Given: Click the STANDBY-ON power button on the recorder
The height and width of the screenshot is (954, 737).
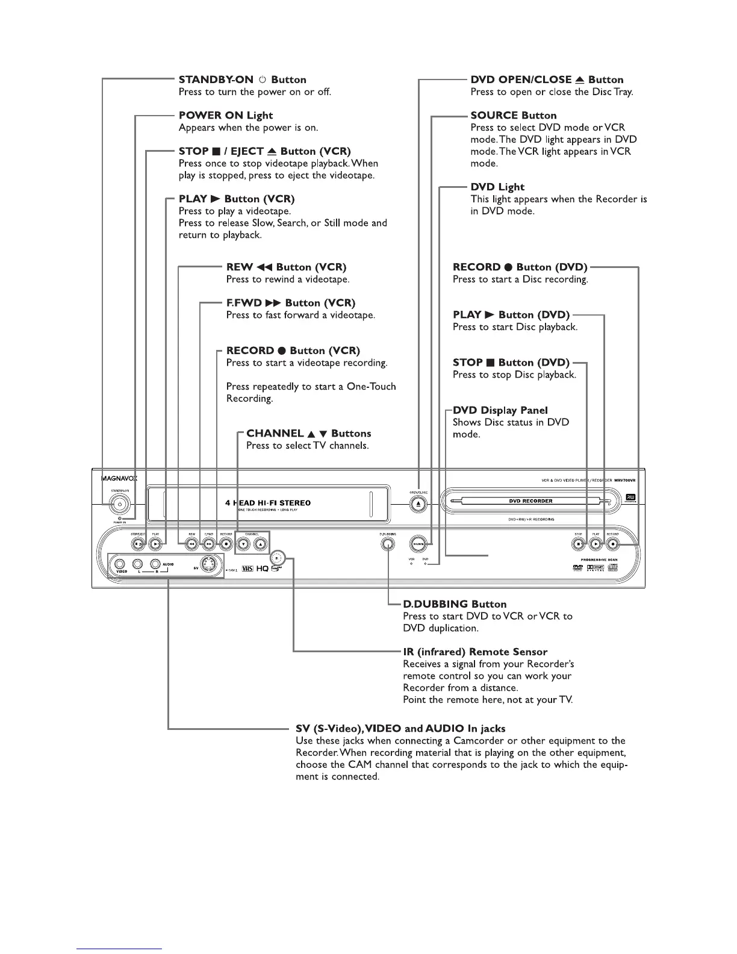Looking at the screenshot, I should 120,504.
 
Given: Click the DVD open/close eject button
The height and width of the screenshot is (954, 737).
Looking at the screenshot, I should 418,504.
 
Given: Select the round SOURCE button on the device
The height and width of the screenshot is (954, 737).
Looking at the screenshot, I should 418,544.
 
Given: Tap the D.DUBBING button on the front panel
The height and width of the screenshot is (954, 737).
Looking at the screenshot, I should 388,544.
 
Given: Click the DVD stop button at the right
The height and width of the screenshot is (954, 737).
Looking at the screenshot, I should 578,544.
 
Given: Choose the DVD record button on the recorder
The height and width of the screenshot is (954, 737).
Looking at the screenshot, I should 612,544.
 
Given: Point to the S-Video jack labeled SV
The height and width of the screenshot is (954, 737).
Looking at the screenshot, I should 208,565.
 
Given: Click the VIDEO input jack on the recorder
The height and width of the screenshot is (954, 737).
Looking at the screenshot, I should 120,564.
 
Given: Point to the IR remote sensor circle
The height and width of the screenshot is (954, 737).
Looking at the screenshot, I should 276,556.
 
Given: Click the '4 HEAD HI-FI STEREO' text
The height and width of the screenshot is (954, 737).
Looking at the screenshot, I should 268,503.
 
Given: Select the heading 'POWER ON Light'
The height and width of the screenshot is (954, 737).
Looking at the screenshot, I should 226,115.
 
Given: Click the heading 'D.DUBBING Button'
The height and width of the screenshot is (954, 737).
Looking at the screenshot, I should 455,604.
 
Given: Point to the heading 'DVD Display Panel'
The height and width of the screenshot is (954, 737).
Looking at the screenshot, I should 500,410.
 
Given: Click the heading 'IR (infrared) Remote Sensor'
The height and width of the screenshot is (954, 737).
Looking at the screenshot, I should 475,652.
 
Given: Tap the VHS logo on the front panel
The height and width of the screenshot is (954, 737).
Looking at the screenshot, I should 247,569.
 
